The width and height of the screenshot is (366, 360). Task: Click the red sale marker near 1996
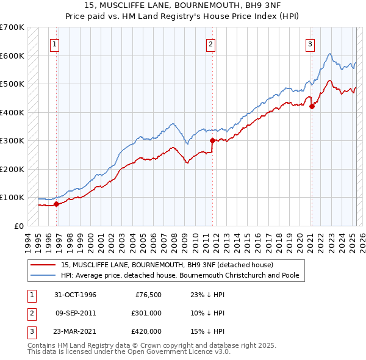pyautogui.click(x=56, y=204)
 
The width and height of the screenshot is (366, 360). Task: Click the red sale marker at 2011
pyautogui.click(x=212, y=140)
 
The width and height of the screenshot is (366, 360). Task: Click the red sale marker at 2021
pyautogui.click(x=312, y=106)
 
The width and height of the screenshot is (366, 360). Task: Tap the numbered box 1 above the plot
pyautogui.click(x=55, y=44)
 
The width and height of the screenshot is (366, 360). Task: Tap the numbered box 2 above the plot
pyautogui.click(x=210, y=44)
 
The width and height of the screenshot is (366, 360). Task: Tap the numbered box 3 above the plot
pyautogui.click(x=310, y=44)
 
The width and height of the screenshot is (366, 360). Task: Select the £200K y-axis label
pyautogui.click(x=12, y=169)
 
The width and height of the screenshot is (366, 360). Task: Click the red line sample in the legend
pyautogui.click(x=44, y=265)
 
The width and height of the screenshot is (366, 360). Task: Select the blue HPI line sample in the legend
pyautogui.click(x=44, y=275)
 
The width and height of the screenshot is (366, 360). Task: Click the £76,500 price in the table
pyautogui.click(x=147, y=295)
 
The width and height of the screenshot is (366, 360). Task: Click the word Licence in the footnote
pyautogui.click(x=168, y=353)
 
